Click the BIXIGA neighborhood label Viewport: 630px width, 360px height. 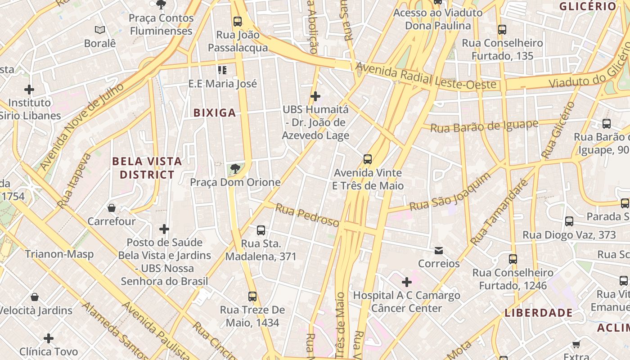coord(215,113)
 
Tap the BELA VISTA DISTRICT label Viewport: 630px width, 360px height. coord(147,168)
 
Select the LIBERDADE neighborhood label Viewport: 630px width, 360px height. coord(538,313)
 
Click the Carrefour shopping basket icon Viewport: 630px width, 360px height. coord(111,208)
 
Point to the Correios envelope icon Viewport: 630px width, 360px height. coord(438,250)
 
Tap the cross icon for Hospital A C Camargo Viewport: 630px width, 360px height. coord(406,282)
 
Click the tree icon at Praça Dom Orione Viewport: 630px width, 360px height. coord(234,169)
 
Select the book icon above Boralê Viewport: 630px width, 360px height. coord(100,30)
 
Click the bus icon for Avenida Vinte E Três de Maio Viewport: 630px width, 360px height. coord(368,159)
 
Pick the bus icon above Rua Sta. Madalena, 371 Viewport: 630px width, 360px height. coord(261,230)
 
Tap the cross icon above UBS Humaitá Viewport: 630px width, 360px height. coord(315,96)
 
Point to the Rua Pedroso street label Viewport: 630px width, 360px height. coord(307,215)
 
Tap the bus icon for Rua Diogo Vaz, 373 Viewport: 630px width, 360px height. coord(569,221)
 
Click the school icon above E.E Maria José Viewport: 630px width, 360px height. coord(222,70)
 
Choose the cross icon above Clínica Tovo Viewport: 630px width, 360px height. coord(49,338)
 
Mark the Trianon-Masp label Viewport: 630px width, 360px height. coord(59,254)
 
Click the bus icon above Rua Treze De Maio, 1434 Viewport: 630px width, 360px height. coord(252,297)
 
